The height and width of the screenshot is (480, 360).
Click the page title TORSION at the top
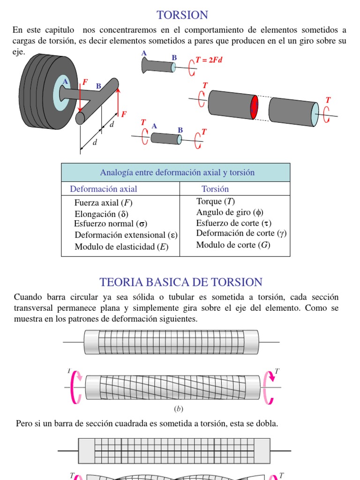coord(182,15)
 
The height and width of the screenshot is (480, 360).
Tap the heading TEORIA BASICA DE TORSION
coord(181,282)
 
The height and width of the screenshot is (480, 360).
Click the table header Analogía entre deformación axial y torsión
coord(177,172)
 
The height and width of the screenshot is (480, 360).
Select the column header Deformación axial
coord(104,189)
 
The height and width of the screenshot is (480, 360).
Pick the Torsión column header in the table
coord(215,189)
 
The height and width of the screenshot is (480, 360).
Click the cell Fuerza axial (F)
coord(104,203)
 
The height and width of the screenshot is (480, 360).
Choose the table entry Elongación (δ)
coord(101,214)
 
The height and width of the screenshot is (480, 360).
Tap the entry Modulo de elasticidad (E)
coord(121,247)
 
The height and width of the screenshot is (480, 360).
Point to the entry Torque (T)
coord(216,202)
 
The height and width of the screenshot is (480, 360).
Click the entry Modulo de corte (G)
coord(233,245)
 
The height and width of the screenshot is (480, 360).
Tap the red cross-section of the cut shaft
coord(254,107)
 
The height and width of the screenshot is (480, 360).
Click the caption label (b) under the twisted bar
coord(179,409)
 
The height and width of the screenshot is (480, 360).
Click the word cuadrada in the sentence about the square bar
coord(125,424)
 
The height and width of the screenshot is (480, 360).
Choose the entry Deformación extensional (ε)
coord(126,235)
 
